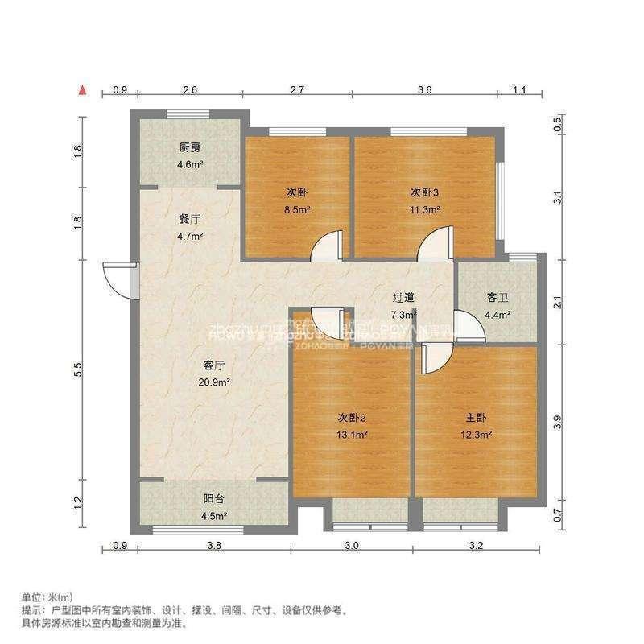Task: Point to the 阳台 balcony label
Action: click(213, 498)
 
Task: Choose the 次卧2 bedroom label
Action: click(352, 418)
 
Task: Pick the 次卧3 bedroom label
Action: click(425, 192)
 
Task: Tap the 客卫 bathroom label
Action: click(497, 298)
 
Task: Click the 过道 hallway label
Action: click(403, 298)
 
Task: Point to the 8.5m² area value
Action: click(298, 210)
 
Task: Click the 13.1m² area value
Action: click(352, 436)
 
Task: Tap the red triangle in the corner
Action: click(83, 90)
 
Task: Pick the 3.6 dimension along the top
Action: click(425, 90)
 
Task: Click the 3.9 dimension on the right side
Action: click(557, 423)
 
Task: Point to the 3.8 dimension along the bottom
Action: click(213, 547)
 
